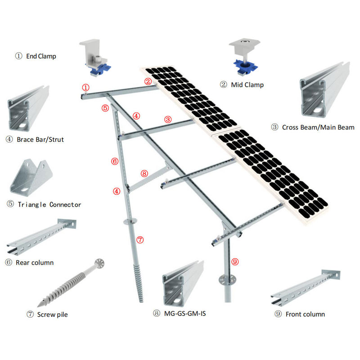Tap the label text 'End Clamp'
click(x=41, y=56)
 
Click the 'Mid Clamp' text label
click(x=247, y=85)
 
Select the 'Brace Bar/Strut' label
click(x=40, y=139)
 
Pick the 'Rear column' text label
click(x=35, y=262)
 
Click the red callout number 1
click(x=85, y=87)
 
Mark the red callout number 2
click(x=148, y=81)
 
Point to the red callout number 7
click(x=140, y=240)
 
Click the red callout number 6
click(x=115, y=161)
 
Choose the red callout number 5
click(x=105, y=108)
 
